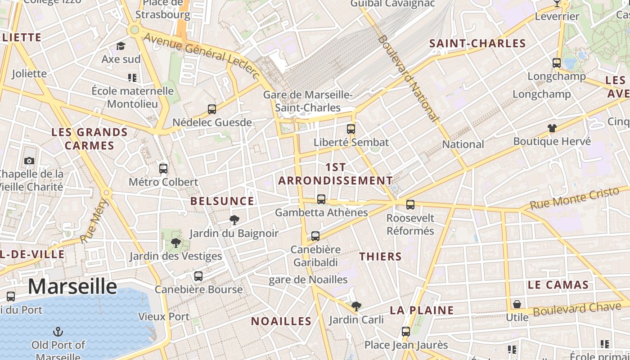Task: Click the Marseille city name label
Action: tap(72, 286)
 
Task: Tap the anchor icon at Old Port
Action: tap(58, 332)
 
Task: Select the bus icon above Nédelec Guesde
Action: tap(212, 109)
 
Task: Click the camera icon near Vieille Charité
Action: tap(29, 161)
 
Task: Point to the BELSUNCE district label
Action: tap(222, 201)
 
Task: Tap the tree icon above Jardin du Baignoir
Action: tap(234, 220)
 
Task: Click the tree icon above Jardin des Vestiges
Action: tap(176, 243)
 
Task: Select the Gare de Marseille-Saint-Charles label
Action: tap(308, 101)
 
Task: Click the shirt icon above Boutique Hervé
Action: tap(552, 128)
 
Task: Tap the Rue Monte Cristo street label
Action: tap(575, 198)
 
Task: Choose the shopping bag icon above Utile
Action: tap(517, 304)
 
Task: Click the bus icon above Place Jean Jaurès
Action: tap(406, 332)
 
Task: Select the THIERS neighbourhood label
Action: tap(380, 256)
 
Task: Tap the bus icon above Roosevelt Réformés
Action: tap(410, 205)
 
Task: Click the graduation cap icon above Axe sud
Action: tap(121, 46)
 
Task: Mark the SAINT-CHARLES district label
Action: tap(477, 44)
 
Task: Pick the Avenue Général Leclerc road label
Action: tap(202, 55)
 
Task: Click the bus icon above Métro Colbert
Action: tap(163, 169)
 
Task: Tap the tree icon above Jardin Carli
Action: tap(356, 306)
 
